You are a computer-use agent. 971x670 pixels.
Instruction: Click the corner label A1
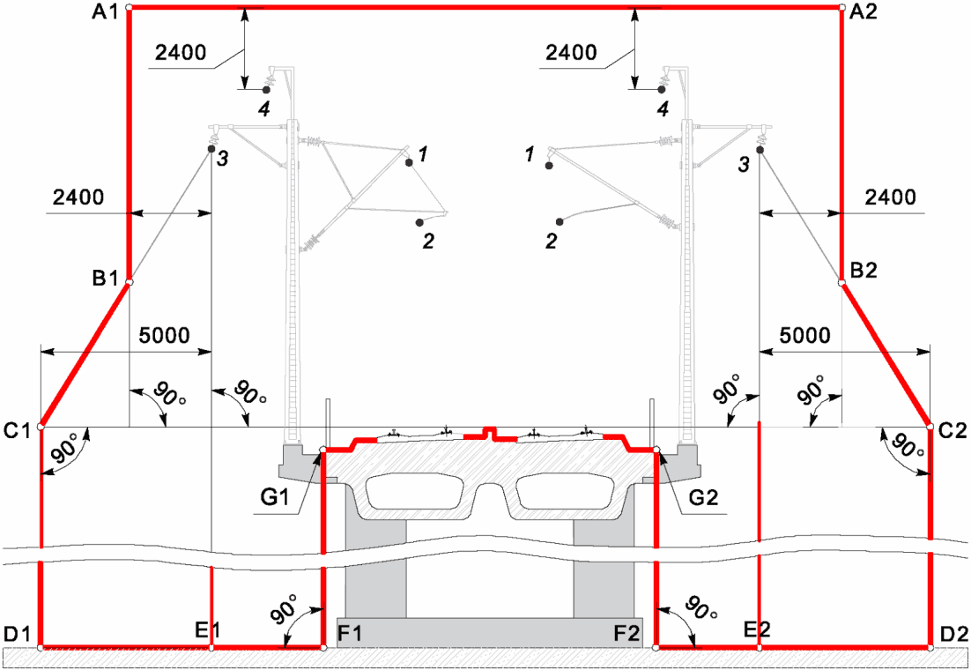click(105, 11)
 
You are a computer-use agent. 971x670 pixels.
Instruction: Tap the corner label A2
click(864, 11)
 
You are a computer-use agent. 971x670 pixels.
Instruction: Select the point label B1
click(105, 279)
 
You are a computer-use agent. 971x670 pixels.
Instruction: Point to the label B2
click(864, 271)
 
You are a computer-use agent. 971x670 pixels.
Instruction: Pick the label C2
click(952, 430)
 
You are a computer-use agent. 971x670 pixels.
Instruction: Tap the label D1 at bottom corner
click(17, 634)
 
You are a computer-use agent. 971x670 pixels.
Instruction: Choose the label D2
click(953, 634)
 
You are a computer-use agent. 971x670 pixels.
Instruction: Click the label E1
click(207, 630)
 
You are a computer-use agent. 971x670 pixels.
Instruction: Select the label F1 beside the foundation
click(349, 634)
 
